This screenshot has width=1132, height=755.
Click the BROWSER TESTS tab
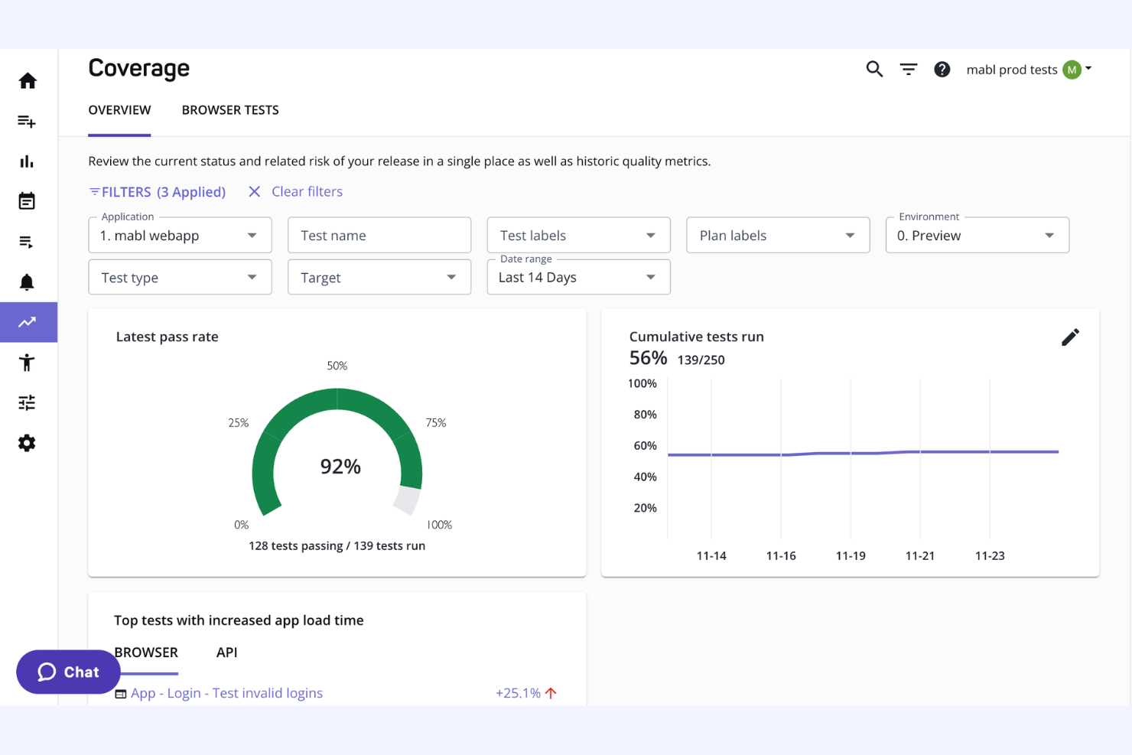(230, 110)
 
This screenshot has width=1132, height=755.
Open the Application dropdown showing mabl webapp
(180, 236)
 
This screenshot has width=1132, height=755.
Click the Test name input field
(379, 236)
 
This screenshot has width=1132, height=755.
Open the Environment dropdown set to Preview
(976, 236)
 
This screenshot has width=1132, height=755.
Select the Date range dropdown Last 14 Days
(577, 278)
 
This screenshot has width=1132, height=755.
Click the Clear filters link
(307, 192)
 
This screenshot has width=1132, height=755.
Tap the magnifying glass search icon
(874, 70)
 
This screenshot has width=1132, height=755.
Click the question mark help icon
(942, 70)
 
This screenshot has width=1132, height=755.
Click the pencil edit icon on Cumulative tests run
(1070, 337)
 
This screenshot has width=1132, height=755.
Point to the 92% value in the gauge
(340, 467)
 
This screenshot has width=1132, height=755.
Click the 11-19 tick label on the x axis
(851, 556)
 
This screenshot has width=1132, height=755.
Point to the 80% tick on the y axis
(645, 415)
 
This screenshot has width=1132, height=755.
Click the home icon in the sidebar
(28, 81)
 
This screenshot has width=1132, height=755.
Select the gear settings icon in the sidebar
(28, 443)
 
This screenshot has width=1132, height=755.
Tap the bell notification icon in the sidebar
(28, 282)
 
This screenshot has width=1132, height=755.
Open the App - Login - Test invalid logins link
(226, 693)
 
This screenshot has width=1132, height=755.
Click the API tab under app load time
(226, 652)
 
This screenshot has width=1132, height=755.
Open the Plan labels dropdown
(777, 236)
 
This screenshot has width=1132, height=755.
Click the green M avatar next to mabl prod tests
(1072, 70)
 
